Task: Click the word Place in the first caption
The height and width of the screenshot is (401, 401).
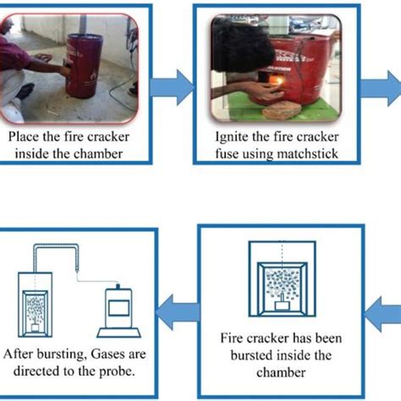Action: pyautogui.click(x=25, y=133)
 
